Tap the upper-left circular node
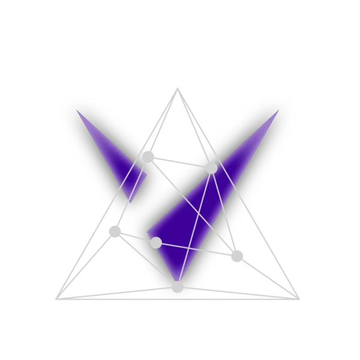pyautogui.click(x=148, y=157)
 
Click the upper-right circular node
pyautogui.click(x=211, y=168)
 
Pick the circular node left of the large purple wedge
pyautogui.click(x=156, y=242)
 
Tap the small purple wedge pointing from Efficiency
pyautogui.click(x=120, y=162)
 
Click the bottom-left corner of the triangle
pyautogui.click(x=58, y=296)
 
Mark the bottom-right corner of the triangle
pyautogui.click(x=295, y=295)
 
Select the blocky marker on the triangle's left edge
pyautogui.click(x=115, y=230)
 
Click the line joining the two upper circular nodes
pyautogui.click(x=179, y=162)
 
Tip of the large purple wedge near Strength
pyautogui.click(x=278, y=111)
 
